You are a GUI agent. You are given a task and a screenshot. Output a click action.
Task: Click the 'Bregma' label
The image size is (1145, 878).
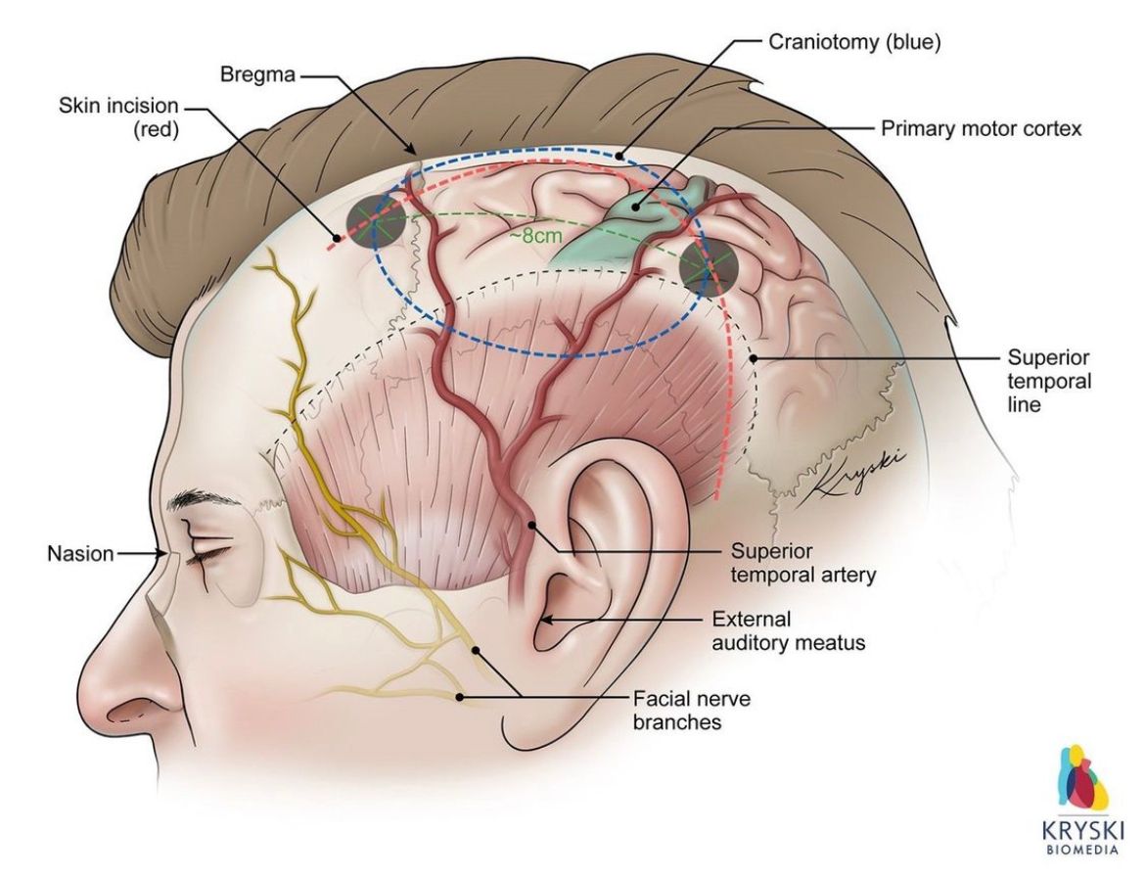257,74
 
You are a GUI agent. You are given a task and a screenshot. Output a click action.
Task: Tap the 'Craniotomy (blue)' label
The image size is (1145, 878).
854,42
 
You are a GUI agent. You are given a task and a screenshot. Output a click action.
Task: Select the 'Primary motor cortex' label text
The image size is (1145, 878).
981,128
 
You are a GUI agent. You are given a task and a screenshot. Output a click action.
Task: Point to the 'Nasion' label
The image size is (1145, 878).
80,554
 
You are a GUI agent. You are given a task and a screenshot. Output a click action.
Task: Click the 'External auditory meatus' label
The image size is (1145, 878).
788,631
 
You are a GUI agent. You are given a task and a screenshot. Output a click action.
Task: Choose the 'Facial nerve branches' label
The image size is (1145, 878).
692,710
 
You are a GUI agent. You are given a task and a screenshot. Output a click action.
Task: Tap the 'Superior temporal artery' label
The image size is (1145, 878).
802,563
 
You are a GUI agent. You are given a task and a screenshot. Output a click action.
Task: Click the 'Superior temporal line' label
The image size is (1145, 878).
1049,381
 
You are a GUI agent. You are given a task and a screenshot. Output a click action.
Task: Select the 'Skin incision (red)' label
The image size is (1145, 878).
118,117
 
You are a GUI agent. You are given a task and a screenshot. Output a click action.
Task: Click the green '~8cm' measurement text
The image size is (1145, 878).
536,236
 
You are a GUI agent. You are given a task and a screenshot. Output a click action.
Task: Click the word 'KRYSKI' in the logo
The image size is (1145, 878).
1082,830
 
